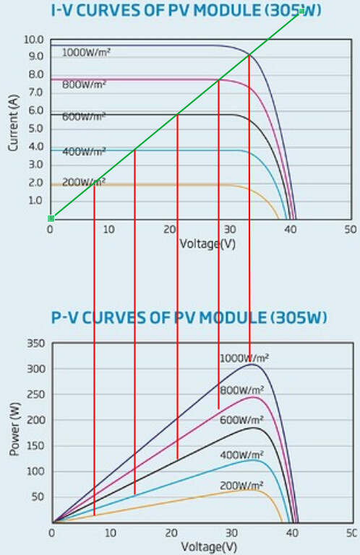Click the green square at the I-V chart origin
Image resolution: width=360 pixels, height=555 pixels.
51,218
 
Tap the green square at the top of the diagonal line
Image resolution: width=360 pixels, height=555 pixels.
301,12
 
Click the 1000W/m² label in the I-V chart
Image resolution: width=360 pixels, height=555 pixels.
86,53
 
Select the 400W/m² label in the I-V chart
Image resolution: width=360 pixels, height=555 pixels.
84,152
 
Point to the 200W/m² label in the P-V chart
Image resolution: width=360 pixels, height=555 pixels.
241,486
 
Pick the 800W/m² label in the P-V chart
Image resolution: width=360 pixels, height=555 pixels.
241,390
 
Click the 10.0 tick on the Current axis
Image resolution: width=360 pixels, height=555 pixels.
34,40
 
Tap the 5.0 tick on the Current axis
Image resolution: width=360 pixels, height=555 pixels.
36,128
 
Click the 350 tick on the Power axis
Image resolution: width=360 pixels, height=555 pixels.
36,343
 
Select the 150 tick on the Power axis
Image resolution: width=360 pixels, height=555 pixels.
36,446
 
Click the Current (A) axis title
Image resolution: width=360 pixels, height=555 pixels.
14,122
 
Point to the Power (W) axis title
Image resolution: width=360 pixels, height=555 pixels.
14,429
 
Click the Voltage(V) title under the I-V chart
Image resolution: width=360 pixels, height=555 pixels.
207,244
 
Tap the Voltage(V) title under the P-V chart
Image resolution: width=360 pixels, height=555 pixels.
209,547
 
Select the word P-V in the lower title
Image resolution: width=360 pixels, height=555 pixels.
65,318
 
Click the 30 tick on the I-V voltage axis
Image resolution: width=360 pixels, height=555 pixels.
230,230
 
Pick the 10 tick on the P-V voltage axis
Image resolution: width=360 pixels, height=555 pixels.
111,533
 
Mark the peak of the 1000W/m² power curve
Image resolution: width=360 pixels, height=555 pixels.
252,364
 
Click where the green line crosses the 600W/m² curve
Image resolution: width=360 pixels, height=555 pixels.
177,114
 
